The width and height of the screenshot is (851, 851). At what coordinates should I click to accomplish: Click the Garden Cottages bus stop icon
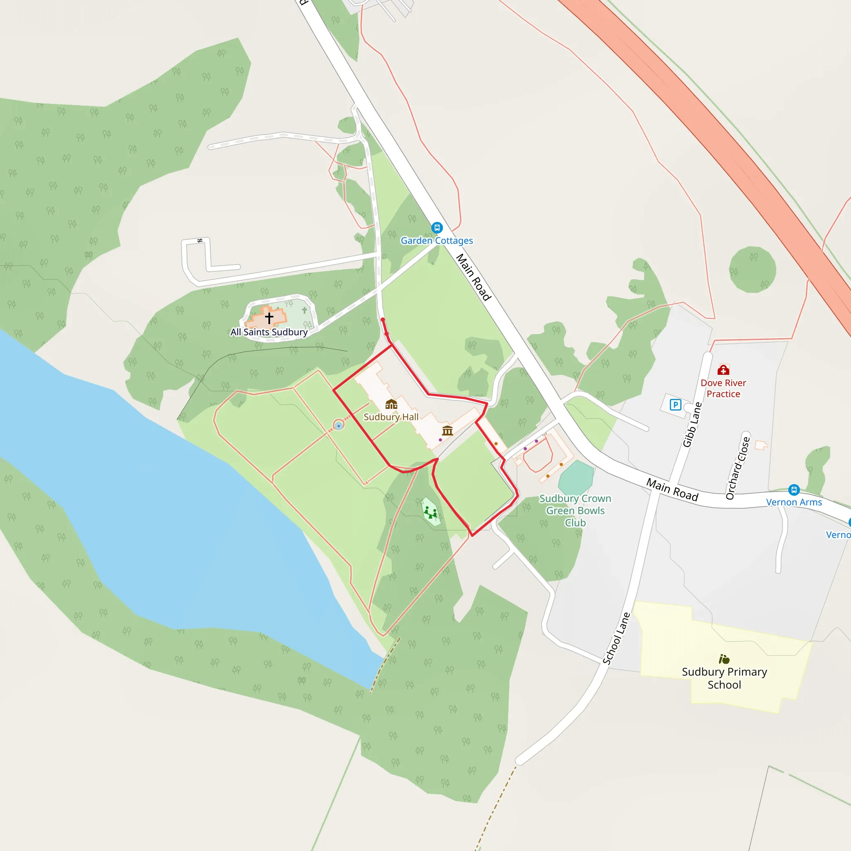[x=437, y=228]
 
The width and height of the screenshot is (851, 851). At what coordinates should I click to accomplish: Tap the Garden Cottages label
[x=437, y=241]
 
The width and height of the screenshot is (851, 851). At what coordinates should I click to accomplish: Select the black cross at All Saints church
[x=269, y=317]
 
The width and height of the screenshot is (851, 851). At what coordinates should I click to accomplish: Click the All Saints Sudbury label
[x=269, y=332]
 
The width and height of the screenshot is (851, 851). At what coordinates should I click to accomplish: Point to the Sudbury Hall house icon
[x=391, y=404]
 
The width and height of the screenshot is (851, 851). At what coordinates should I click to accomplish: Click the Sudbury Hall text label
[x=391, y=417]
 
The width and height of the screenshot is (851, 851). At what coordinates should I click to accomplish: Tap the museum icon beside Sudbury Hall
[x=448, y=430]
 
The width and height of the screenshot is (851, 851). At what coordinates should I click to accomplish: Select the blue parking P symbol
[x=675, y=404]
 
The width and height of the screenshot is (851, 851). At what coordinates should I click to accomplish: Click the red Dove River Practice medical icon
[x=723, y=369]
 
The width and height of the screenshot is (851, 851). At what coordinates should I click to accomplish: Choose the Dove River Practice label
[x=723, y=389]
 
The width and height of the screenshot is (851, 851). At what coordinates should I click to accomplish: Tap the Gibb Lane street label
[x=692, y=425]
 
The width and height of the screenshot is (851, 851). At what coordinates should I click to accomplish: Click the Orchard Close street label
[x=738, y=468]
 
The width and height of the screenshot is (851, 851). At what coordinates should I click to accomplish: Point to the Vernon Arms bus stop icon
[x=794, y=489]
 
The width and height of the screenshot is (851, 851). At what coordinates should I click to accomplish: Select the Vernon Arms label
[x=794, y=502]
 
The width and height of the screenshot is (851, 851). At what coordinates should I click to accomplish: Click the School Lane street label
[x=617, y=638]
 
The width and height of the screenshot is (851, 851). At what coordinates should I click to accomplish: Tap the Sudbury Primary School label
[x=724, y=678]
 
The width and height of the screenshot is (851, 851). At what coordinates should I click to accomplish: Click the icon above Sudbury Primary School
[x=724, y=659]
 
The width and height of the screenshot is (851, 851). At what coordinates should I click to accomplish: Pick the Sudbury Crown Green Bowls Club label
[x=575, y=511]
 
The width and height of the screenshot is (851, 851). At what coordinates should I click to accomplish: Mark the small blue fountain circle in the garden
[x=338, y=425]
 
